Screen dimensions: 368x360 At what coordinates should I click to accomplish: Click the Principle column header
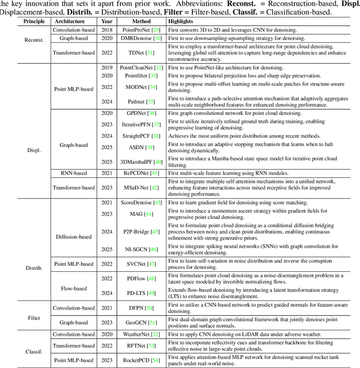tap(22, 21)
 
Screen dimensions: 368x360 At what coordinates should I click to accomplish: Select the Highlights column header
tap(181, 21)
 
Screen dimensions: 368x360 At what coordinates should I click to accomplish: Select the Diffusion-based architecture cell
tap(73, 221)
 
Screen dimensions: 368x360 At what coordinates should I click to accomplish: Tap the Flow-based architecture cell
tap(73, 288)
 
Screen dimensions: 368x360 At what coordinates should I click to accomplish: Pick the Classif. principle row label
tap(22, 346)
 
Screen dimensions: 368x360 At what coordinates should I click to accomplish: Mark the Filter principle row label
tap(22, 318)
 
